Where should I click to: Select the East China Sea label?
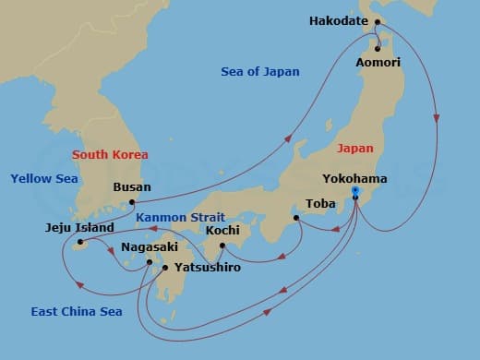(75, 311)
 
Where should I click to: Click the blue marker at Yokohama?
(355, 193)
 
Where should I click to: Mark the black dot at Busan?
(133, 200)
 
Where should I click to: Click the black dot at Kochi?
(222, 245)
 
